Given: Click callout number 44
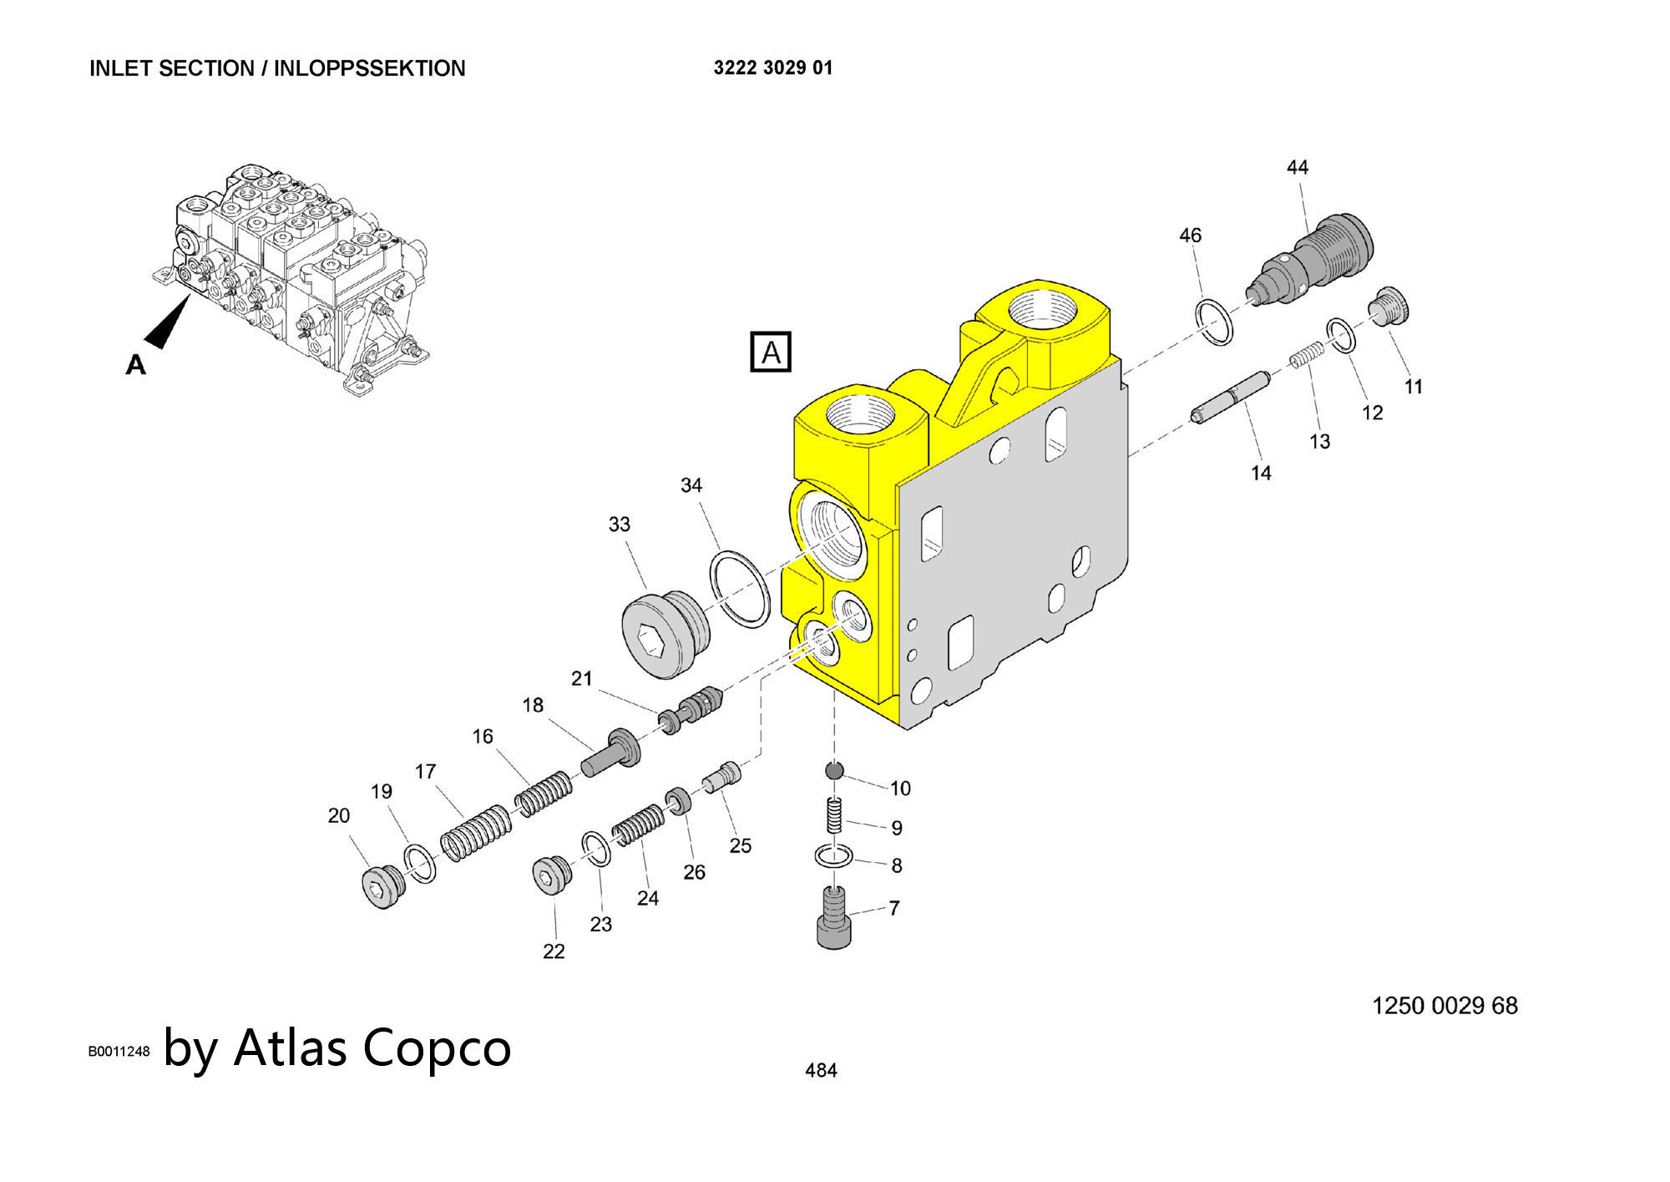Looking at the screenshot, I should (x=1297, y=168).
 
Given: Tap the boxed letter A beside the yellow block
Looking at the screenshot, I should (x=770, y=352).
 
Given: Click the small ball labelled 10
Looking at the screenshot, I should (x=834, y=770).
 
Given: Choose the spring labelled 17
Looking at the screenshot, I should (x=475, y=834).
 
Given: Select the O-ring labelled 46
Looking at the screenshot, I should (x=1214, y=321).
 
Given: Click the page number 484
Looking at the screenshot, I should (x=821, y=1070).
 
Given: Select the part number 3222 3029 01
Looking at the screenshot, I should (x=773, y=68).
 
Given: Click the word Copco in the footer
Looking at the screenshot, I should (x=436, y=1048).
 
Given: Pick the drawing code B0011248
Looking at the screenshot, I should (x=119, y=1052).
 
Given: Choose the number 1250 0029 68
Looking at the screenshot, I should (x=1445, y=1006).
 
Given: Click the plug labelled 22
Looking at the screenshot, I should (x=550, y=875).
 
